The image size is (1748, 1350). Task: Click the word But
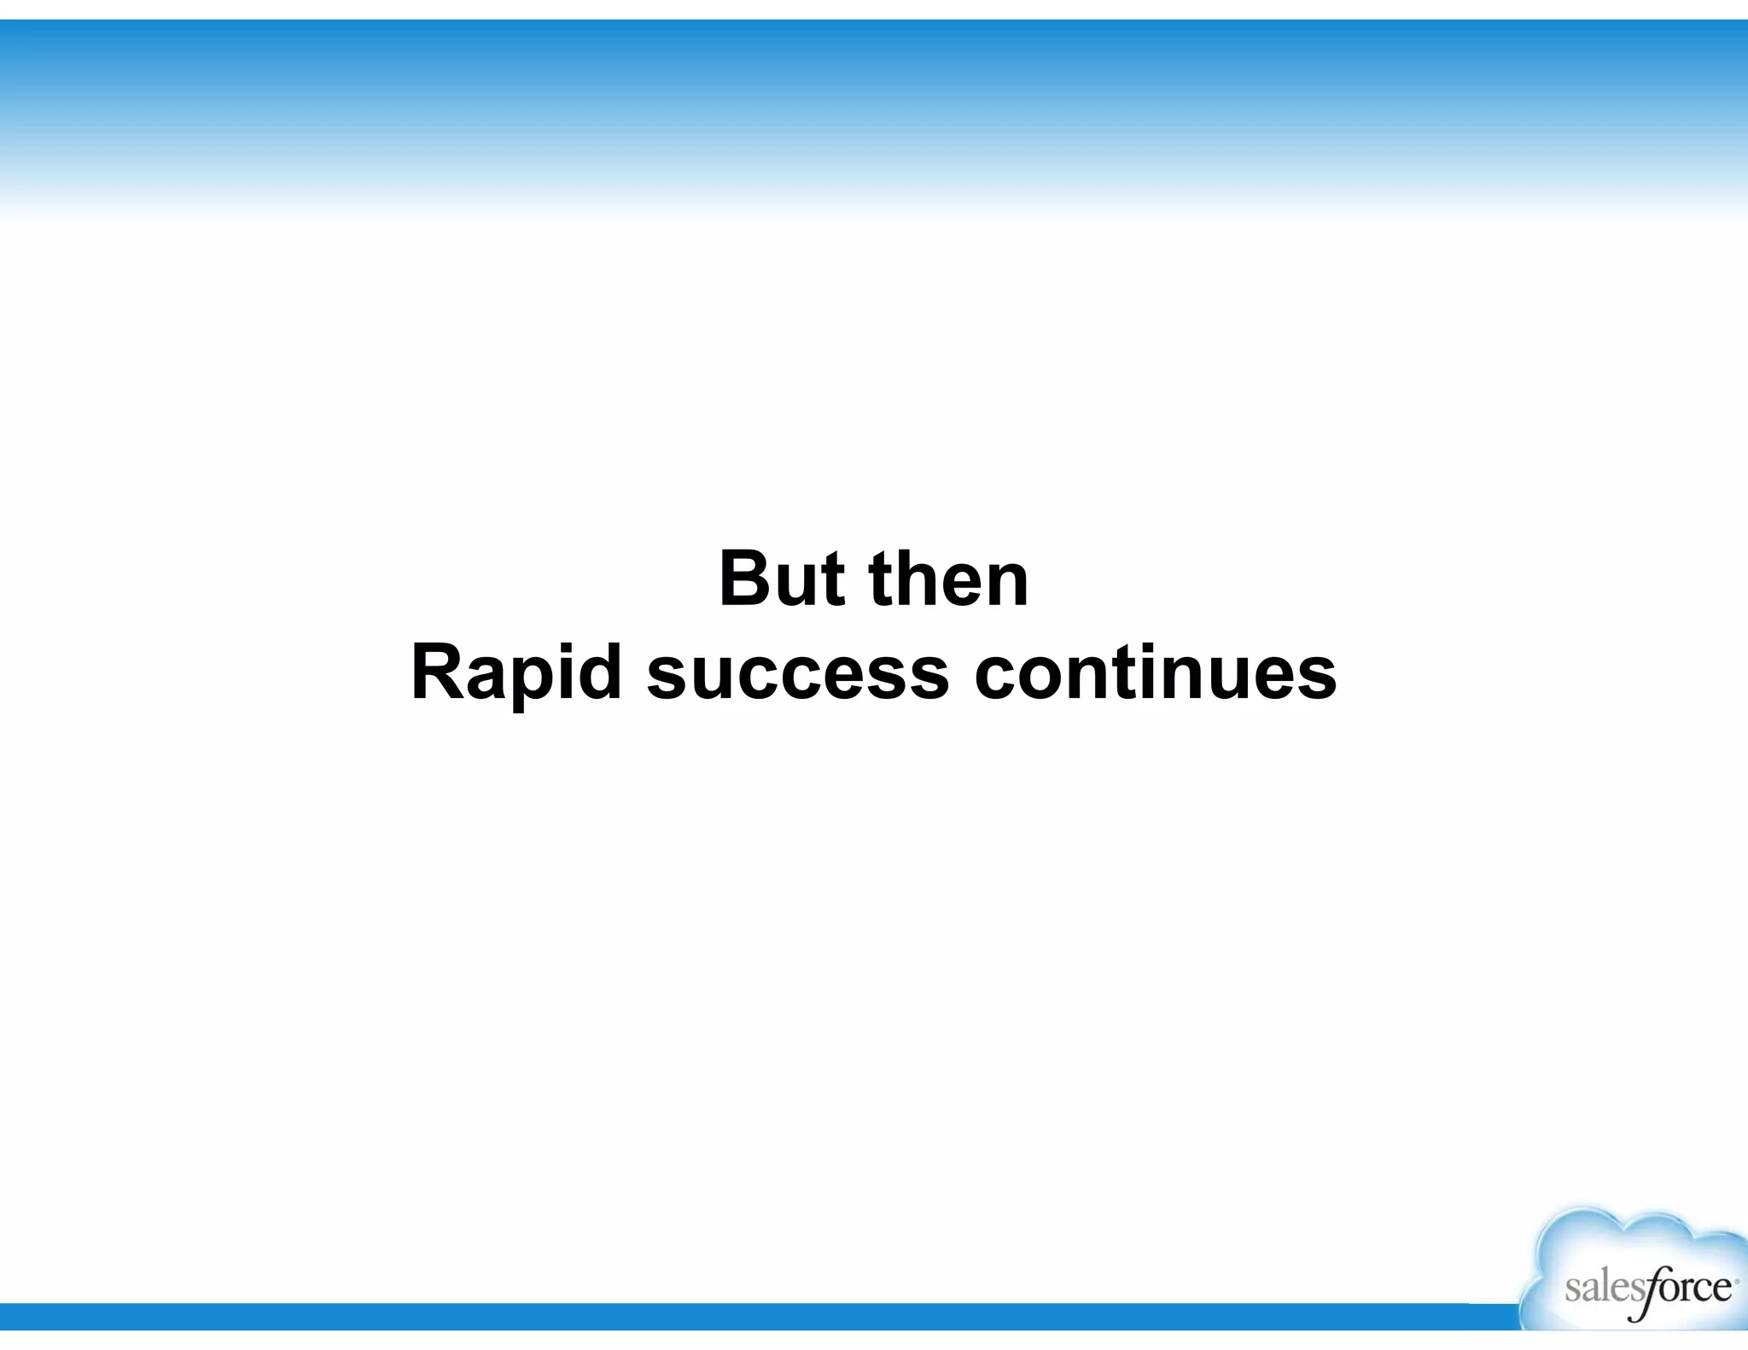[782, 580]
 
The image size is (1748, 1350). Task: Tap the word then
[949, 580]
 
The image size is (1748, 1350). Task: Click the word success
[797, 674]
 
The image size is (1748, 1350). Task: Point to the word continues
[1155, 674]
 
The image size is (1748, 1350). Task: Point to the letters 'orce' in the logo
[1693, 1288]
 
